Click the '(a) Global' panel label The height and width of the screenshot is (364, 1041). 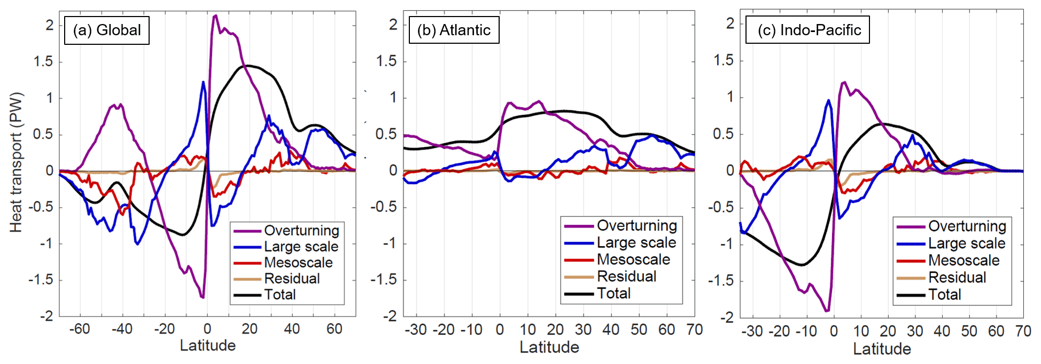click(107, 30)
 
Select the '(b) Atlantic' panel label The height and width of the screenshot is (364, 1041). click(454, 30)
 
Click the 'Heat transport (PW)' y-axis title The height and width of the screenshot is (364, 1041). click(16, 162)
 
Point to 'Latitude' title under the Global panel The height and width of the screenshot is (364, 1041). click(207, 346)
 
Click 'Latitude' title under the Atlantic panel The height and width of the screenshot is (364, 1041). click(549, 347)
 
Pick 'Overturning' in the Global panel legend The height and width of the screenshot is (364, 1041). click(301, 231)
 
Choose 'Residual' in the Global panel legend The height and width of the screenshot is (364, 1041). click(292, 279)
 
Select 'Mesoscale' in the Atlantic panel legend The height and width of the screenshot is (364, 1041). click(633, 259)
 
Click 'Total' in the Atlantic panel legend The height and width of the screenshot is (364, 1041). click(613, 293)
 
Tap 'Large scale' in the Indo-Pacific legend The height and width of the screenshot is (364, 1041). click(966, 243)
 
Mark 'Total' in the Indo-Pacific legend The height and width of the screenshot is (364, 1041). click(944, 294)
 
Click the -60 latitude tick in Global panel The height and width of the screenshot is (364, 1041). click(80, 329)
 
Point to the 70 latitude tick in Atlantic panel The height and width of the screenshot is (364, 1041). click(694, 330)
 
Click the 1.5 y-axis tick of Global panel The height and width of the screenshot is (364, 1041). click(43, 62)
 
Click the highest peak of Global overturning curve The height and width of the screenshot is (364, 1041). click(215, 15)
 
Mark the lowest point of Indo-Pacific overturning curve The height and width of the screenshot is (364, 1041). click(827, 310)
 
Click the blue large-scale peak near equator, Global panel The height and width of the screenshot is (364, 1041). click(203, 82)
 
